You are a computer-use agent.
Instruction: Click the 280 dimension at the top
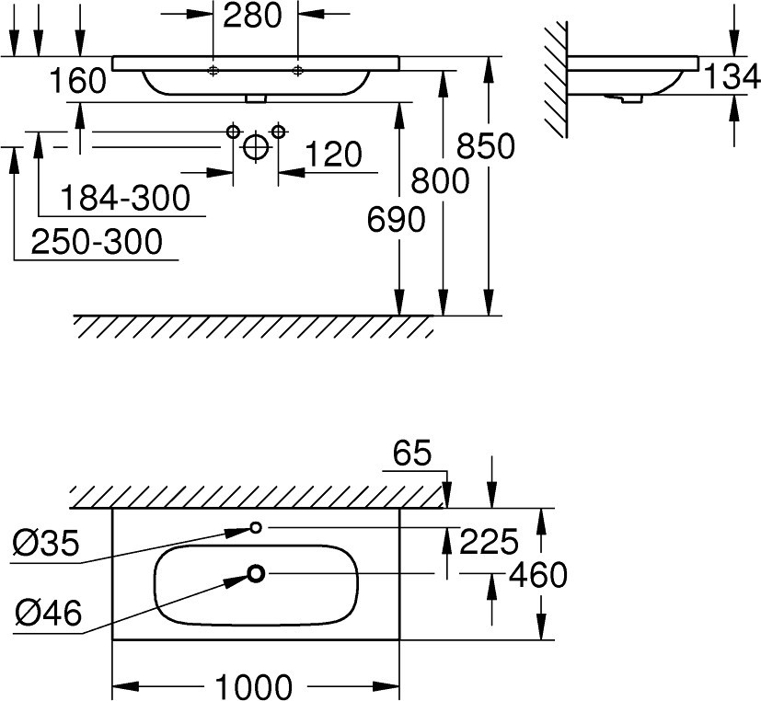point(252,15)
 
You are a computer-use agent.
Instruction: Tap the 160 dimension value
point(77,81)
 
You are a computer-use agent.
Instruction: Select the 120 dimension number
point(333,155)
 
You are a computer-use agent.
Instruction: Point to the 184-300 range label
point(125,198)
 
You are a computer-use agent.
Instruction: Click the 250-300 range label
point(97,242)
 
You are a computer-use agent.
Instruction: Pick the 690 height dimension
point(396,219)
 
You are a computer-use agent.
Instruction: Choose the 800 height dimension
point(440,180)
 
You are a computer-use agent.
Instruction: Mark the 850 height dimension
point(485,146)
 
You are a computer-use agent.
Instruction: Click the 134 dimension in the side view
point(731,77)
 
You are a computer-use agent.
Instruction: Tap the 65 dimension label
point(412,454)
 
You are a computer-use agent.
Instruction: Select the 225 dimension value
point(489,542)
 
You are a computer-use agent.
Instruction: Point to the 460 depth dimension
point(537,575)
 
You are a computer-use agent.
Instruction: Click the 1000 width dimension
point(253,686)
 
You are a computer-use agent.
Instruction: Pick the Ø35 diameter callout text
point(46,544)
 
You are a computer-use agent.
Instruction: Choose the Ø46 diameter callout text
point(48,612)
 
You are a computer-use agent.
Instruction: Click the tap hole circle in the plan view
point(256,527)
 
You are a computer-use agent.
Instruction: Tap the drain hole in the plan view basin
point(256,574)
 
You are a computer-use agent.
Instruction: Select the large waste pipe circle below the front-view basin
point(256,147)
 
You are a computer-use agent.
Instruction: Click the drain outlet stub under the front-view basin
point(256,99)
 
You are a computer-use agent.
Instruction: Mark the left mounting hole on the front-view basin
point(213,71)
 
